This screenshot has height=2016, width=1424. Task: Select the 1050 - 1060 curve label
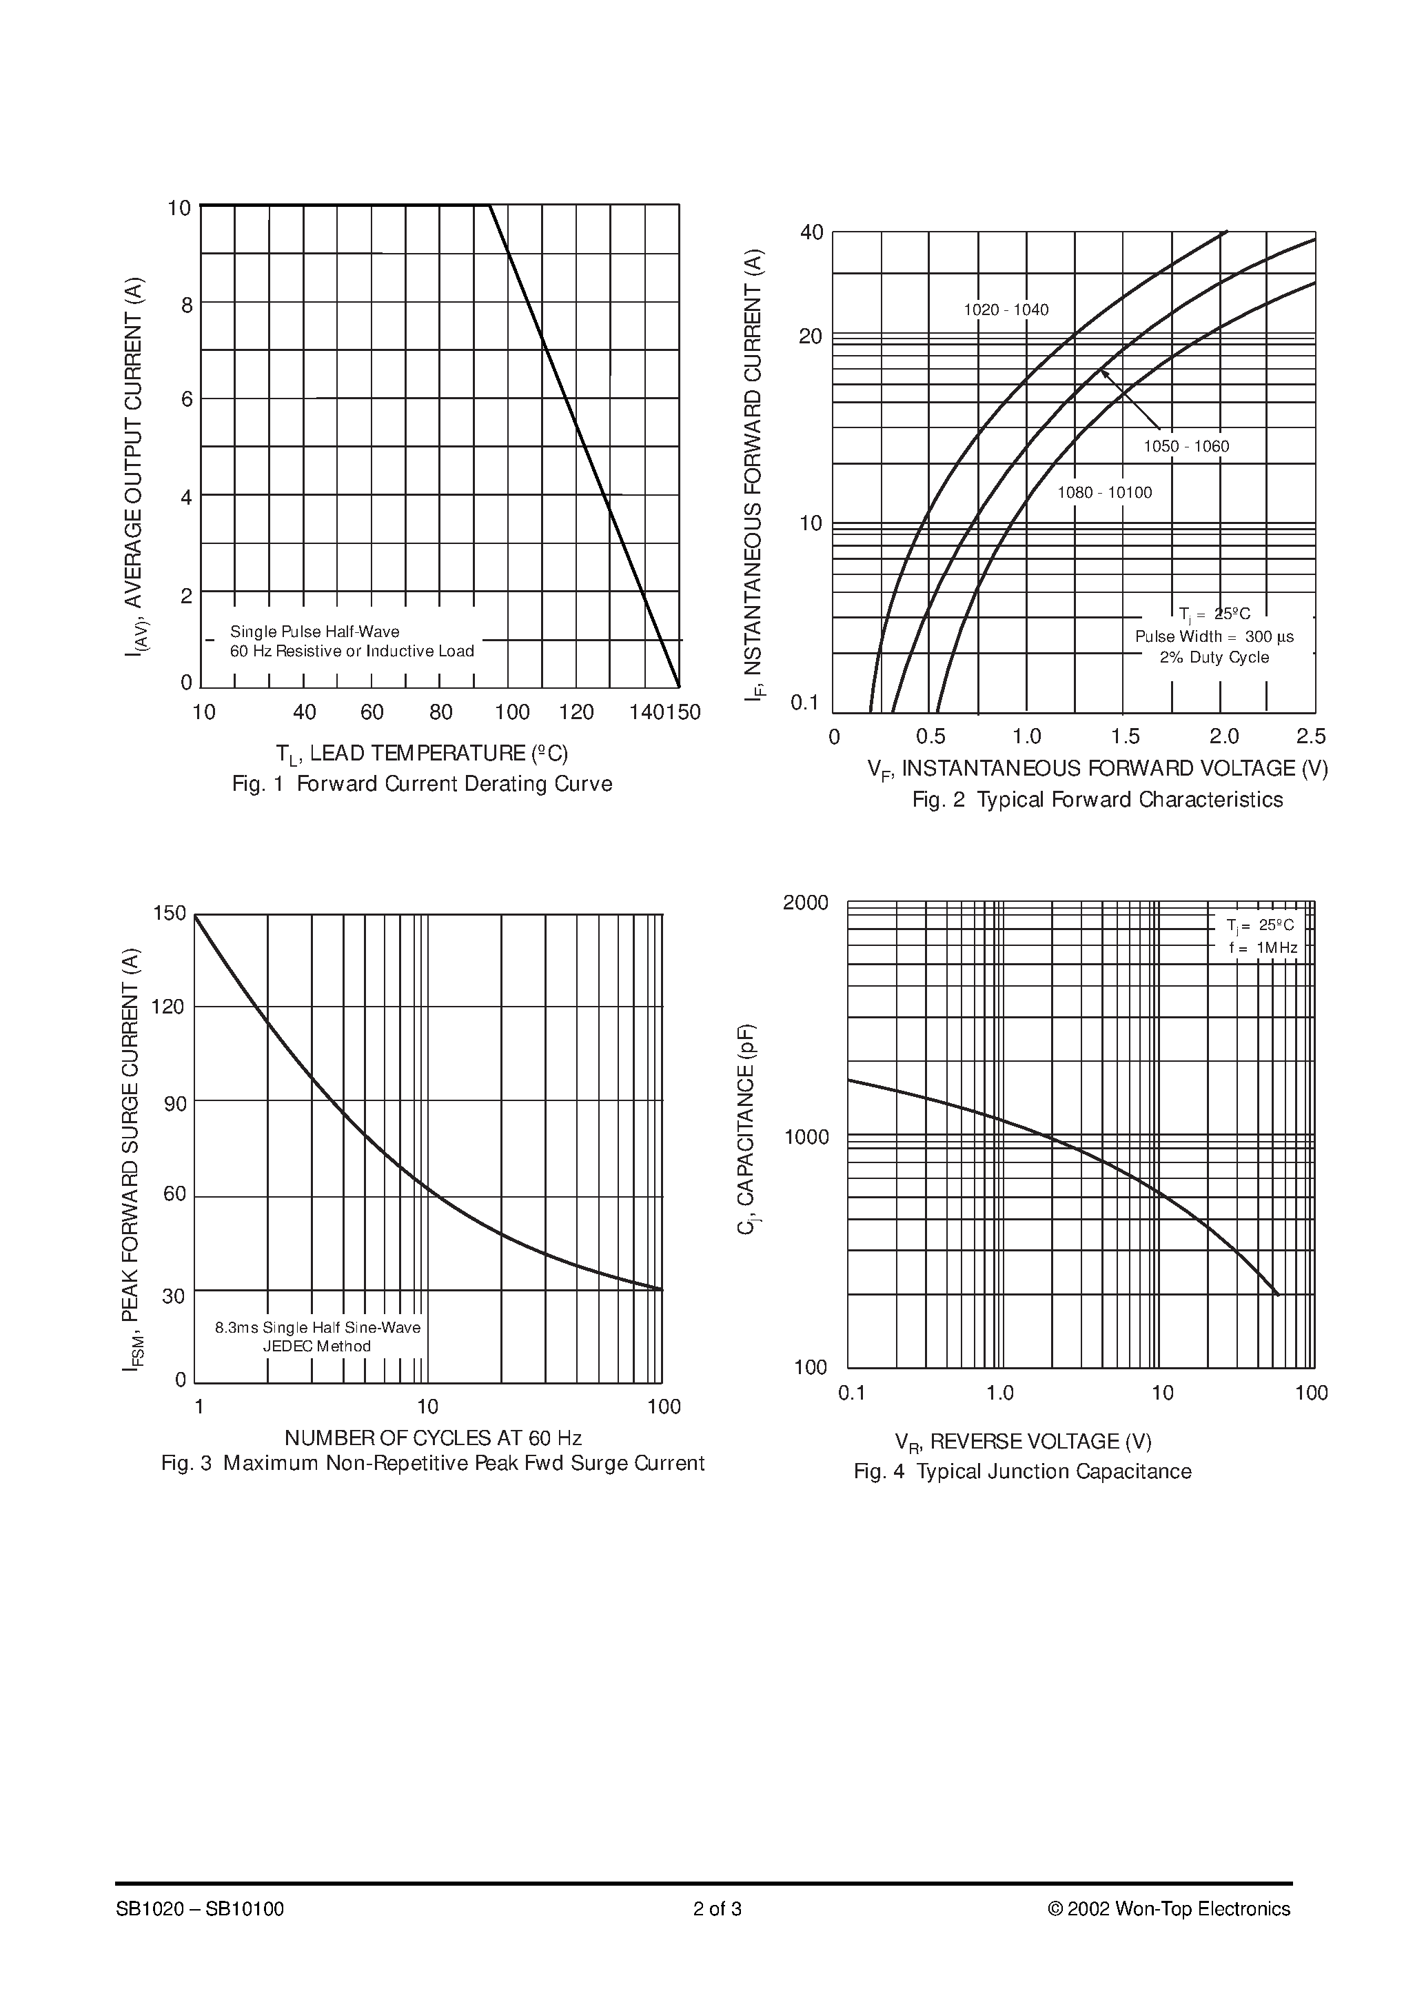tap(1186, 446)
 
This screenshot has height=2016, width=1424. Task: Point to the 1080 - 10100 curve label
tap(1103, 492)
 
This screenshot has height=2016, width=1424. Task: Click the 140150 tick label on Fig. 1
tap(664, 712)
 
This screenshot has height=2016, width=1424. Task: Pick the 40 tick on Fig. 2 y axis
tap(811, 232)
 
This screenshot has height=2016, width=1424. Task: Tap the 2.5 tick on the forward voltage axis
tap(1311, 736)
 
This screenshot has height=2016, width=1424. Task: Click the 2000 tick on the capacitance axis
tap(805, 903)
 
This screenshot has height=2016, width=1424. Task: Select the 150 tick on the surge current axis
tap(170, 913)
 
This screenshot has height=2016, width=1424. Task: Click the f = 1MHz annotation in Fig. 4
tap(1263, 948)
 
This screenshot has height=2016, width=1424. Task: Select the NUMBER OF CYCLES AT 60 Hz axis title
tap(433, 1438)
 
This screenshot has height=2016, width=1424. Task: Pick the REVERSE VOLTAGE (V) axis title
tap(1023, 1442)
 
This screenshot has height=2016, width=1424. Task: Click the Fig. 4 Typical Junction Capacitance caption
tap(1022, 1471)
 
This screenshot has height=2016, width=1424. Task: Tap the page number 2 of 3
tap(718, 1933)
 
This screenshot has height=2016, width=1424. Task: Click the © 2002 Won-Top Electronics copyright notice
tap(1168, 1933)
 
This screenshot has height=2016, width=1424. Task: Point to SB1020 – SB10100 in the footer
tap(199, 1933)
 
